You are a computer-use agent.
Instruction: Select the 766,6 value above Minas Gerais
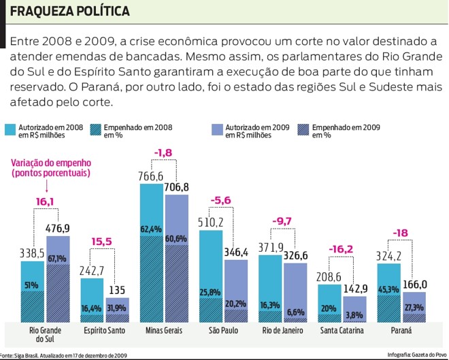[x=152, y=176]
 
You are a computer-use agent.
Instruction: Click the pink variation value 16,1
[x=45, y=201]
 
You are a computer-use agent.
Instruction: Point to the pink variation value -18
[x=401, y=233]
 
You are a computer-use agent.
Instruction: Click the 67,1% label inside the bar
[x=57, y=258]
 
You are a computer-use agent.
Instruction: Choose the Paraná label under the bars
[x=401, y=331]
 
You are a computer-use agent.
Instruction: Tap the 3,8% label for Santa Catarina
[x=354, y=315]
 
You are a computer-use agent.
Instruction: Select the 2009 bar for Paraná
[x=414, y=306]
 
